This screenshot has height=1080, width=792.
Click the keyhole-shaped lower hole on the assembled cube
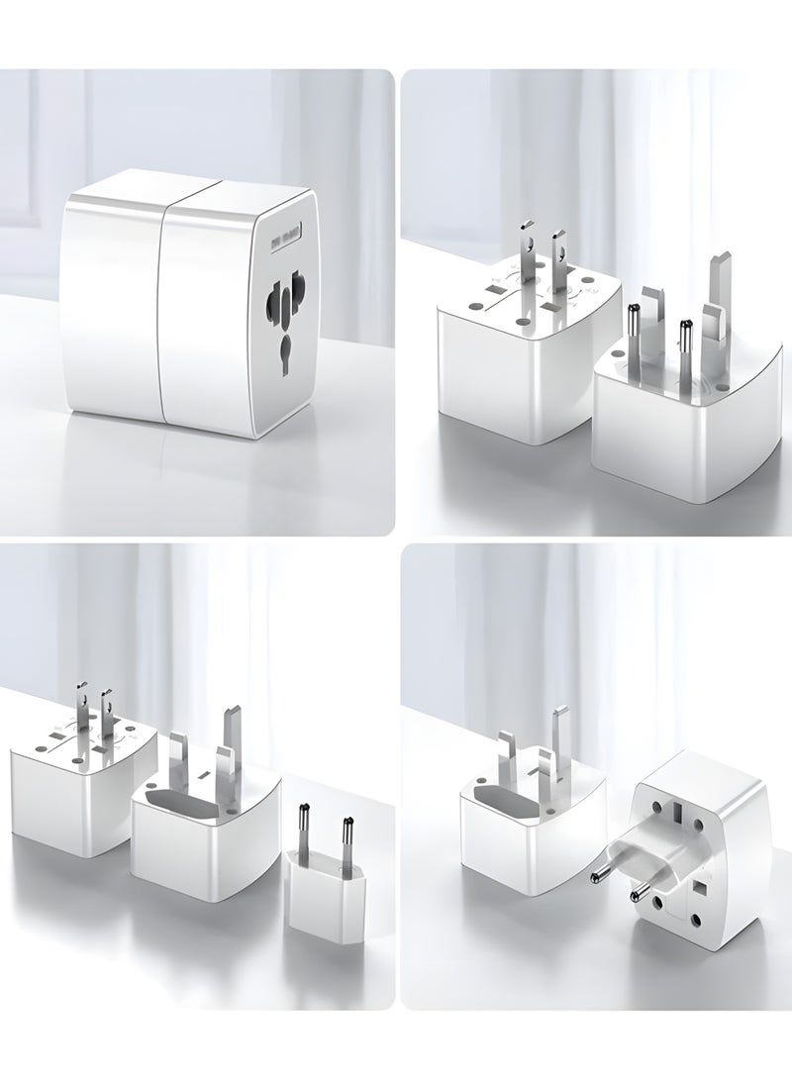point(286,351)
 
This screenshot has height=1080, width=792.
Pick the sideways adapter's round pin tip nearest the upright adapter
point(598,875)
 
